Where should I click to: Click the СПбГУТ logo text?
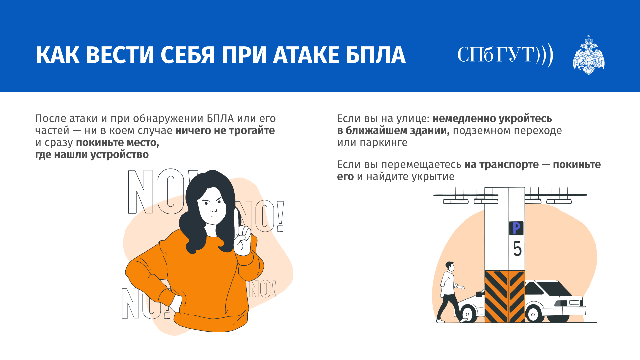pyautogui.click(x=505, y=55)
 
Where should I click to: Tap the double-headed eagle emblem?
pyautogui.click(x=589, y=55)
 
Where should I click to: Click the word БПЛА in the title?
pyautogui.click(x=376, y=55)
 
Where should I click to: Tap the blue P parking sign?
pyautogui.click(x=516, y=228)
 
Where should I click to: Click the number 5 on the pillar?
pyautogui.click(x=517, y=249)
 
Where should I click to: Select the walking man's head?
pyautogui.click(x=450, y=266)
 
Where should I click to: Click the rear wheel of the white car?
pyautogui.click(x=533, y=314)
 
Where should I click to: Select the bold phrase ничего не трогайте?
pyautogui.click(x=225, y=131)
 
